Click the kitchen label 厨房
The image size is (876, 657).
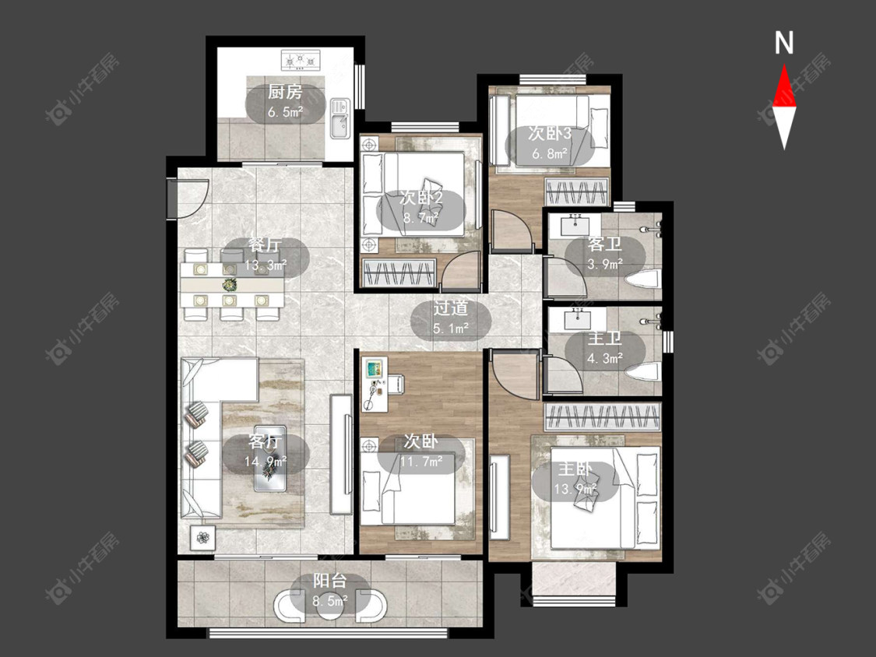pos(285,92)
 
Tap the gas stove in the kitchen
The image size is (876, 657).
pos(301,60)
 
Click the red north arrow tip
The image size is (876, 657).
pos(784,65)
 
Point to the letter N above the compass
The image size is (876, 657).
pos(784,43)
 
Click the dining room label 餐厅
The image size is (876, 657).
pos(266,246)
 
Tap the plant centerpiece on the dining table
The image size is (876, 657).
pos(229,284)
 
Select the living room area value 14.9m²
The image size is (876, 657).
pos(266,462)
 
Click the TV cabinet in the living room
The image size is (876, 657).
pos(341,454)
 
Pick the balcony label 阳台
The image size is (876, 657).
pos(329,581)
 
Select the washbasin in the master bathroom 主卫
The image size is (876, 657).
pos(578,320)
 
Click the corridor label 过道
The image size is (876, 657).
pos(451,308)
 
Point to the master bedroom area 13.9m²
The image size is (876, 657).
pos(575,490)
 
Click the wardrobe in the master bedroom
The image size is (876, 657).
pos(603,416)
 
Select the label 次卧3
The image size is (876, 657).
pos(550,134)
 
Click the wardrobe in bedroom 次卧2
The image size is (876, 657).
pos(399,273)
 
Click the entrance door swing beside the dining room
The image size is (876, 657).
pos(189,199)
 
